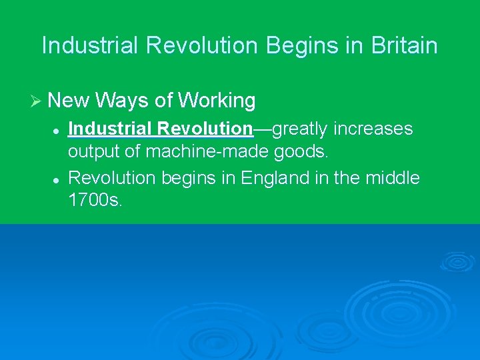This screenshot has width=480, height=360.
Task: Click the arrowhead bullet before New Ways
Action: pos(36,101)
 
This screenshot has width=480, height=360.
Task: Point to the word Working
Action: pos(217,101)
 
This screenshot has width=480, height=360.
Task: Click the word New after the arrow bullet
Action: pos(69,101)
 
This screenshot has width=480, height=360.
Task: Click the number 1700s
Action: pos(95,201)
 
